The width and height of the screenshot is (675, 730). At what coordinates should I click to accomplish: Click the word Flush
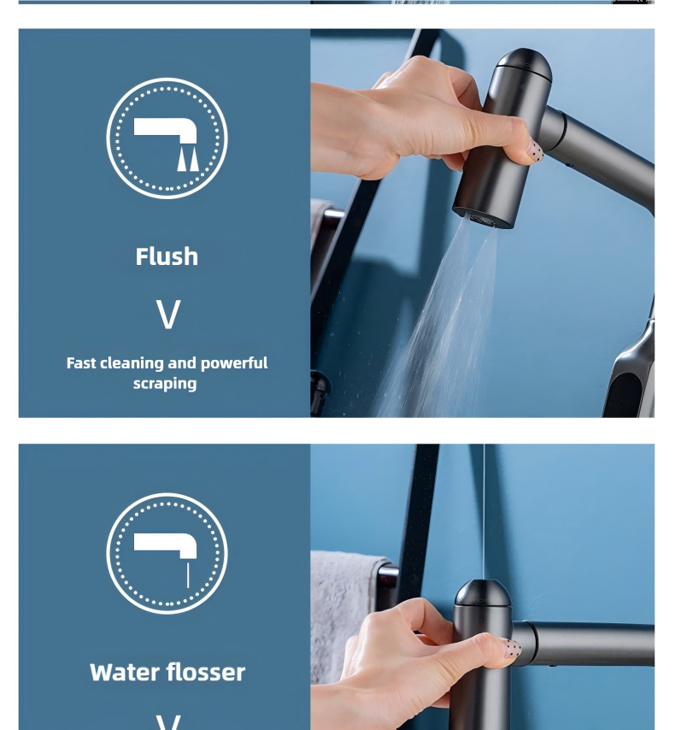167,256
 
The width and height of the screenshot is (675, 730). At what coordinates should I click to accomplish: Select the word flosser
206,672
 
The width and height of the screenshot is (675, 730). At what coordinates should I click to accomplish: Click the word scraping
165,384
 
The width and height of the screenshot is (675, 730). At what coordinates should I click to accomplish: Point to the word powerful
234,363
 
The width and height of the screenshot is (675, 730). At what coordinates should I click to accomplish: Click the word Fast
81,363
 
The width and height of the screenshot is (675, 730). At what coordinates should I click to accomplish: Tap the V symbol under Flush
167,315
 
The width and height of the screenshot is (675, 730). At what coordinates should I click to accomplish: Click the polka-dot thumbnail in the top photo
536,152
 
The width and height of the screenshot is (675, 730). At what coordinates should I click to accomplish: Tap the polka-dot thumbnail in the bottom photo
513,648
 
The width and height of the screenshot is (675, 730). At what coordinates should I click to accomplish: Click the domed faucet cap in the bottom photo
483,592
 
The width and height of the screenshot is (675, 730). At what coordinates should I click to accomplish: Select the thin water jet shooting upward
484,512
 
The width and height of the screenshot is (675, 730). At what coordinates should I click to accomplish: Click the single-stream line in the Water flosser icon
188,575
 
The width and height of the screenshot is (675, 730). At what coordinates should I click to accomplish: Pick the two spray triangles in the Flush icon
188,159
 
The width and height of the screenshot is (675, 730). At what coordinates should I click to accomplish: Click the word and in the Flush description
182,363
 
